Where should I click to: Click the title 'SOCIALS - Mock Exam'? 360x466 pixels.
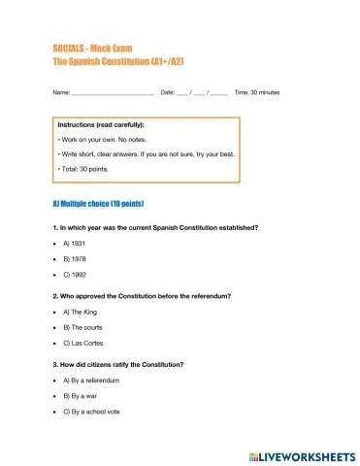[89, 48]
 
